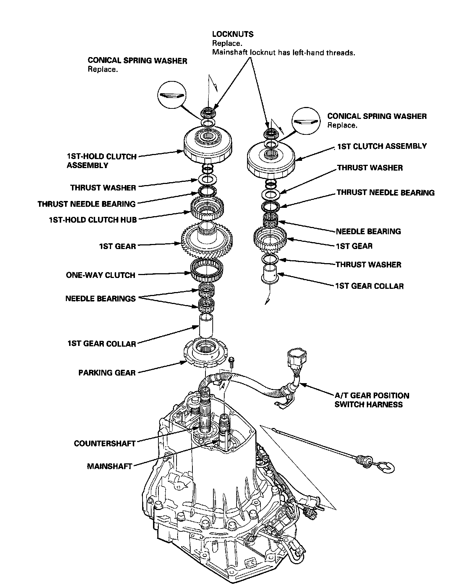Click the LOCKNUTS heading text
(233, 34)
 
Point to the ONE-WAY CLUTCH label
(100, 275)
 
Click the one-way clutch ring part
(207, 270)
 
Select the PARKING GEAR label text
(107, 373)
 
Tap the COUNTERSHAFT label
(105, 443)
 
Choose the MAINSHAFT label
(109, 466)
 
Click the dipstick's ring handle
(387, 467)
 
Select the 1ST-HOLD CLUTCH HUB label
(93, 219)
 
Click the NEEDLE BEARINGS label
(100, 299)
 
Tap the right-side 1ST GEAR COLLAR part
(270, 273)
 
